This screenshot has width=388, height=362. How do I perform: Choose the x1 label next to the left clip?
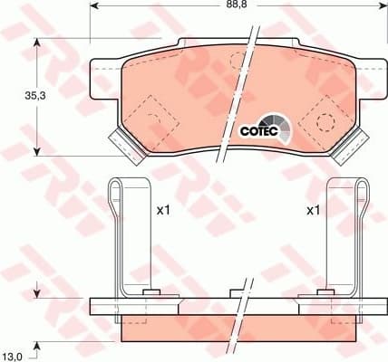click(164, 210)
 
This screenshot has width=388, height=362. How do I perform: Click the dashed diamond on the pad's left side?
click(146, 117)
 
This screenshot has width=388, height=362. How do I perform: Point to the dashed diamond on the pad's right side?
click(323, 117)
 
